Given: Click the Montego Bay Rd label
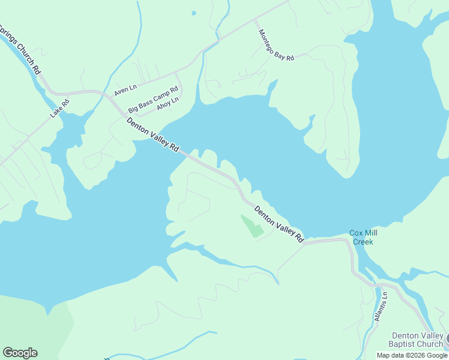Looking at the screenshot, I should click(276, 45).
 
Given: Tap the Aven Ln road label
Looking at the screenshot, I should click(125, 90).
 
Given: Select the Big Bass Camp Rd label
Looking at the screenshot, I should click(153, 100).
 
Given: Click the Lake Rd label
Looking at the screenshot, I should click(60, 107).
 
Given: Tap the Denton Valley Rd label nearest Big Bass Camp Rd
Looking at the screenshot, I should click(153, 134).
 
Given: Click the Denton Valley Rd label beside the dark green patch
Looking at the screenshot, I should click(279, 224).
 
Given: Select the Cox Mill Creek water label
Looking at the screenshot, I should click(363, 238).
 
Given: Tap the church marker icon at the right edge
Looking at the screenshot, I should click(446, 340).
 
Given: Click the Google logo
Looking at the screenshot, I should click(20, 353).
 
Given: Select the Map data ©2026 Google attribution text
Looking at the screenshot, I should click(412, 355).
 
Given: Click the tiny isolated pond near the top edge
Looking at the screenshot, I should click(193, 13).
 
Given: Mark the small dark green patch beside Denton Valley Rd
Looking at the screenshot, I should click(253, 226).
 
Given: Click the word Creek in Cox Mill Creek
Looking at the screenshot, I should click(363, 242).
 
